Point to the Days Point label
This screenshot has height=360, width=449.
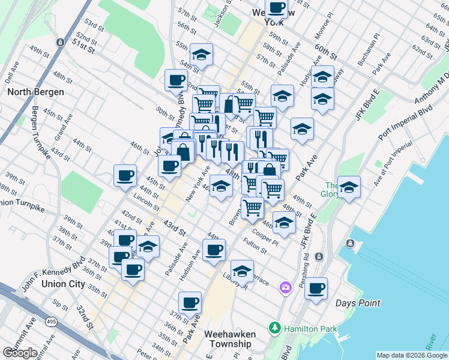click(x=358, y=304)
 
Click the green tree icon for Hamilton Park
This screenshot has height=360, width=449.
click(x=275, y=328)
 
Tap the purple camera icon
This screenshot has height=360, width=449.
click(x=285, y=289)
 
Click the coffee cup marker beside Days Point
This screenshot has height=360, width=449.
click(x=316, y=289)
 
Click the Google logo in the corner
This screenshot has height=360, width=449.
click(x=20, y=353)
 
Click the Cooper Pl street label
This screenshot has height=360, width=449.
click(x=265, y=236)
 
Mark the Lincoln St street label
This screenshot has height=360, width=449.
click(x=147, y=202)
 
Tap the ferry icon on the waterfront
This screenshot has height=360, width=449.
click(x=349, y=244)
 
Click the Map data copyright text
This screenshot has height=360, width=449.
click(x=412, y=355)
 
